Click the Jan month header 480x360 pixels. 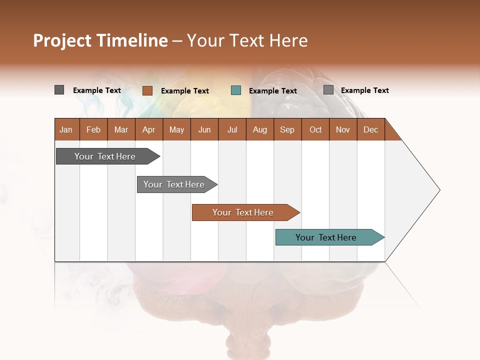[x=66, y=129]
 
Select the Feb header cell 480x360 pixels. [x=93, y=129]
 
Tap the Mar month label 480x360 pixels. [x=121, y=129]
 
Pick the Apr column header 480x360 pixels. [x=149, y=129]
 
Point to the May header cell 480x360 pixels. [x=176, y=129]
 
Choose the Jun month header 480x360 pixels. [x=204, y=129]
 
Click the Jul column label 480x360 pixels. [x=232, y=129]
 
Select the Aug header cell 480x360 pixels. [x=260, y=129]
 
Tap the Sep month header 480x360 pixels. [x=287, y=129]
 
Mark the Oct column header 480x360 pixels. [x=315, y=129]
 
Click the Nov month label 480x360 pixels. [x=343, y=129]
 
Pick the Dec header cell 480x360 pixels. [x=371, y=129]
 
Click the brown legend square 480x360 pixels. [x=147, y=90]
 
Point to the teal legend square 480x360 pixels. [x=236, y=90]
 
